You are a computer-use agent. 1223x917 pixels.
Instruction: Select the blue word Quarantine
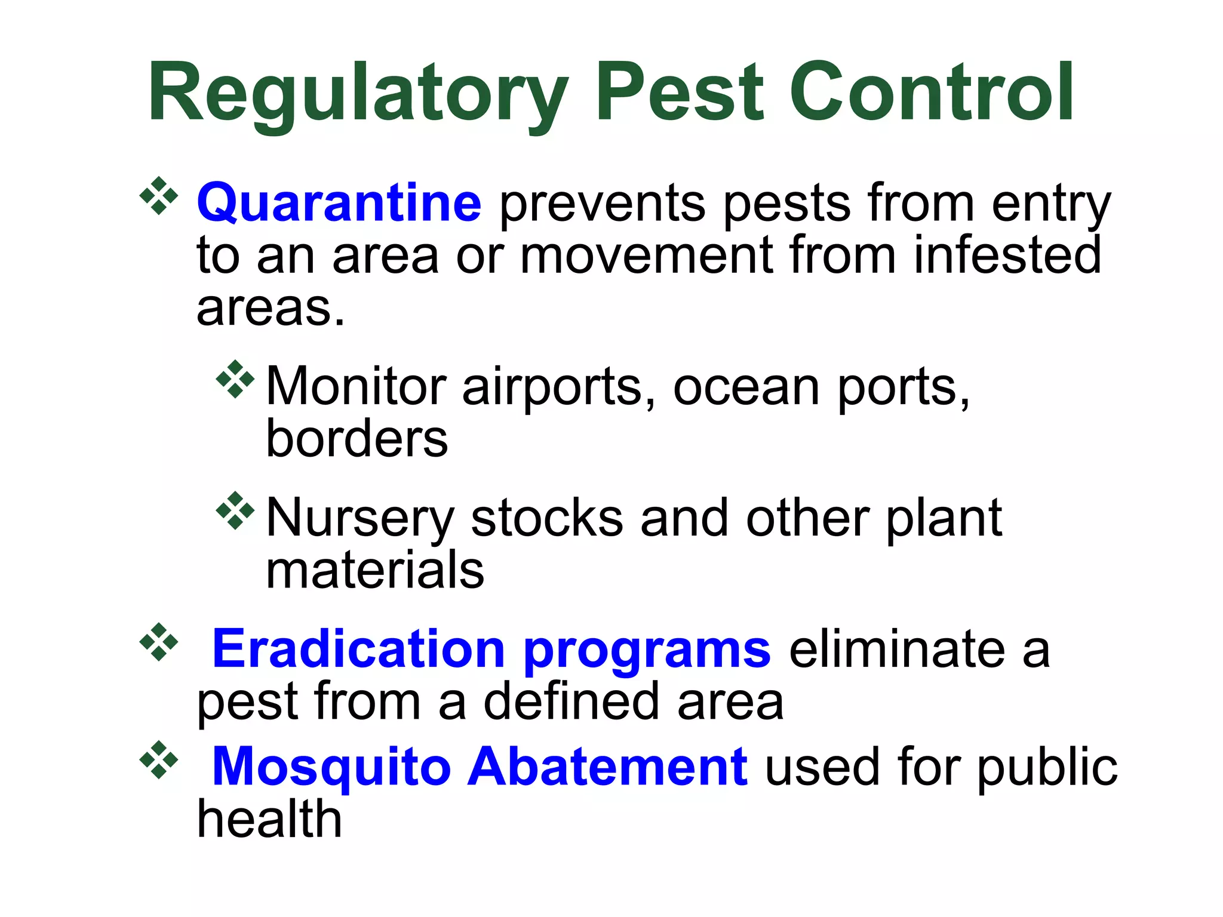click(x=339, y=204)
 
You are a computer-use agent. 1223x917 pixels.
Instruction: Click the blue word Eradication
click(x=359, y=649)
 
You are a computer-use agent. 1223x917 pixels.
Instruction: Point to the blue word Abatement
click(x=607, y=767)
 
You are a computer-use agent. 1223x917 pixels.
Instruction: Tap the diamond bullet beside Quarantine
click(x=159, y=195)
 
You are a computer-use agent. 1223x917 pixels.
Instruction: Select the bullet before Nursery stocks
click(x=235, y=510)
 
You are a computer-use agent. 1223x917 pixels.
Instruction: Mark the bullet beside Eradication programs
click(x=159, y=642)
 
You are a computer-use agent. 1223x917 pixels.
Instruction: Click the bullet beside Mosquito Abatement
click(x=159, y=759)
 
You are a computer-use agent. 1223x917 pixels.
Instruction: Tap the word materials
click(x=374, y=570)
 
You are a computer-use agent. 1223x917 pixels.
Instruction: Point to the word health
click(x=269, y=819)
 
